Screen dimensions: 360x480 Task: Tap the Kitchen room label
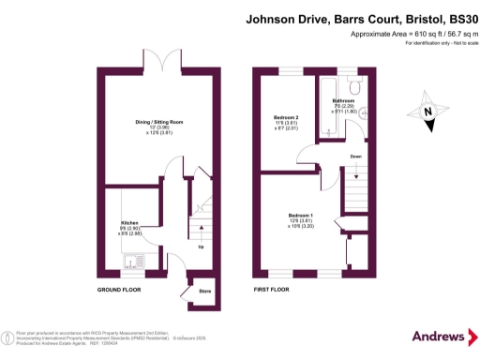click(x=129, y=223)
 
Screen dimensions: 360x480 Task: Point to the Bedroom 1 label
click(x=301, y=216)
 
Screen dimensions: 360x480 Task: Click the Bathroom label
click(x=343, y=100)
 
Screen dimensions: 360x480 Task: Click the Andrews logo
click(x=439, y=336)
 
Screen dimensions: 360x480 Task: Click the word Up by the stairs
click(x=201, y=247)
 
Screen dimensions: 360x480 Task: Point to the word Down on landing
click(x=356, y=157)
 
